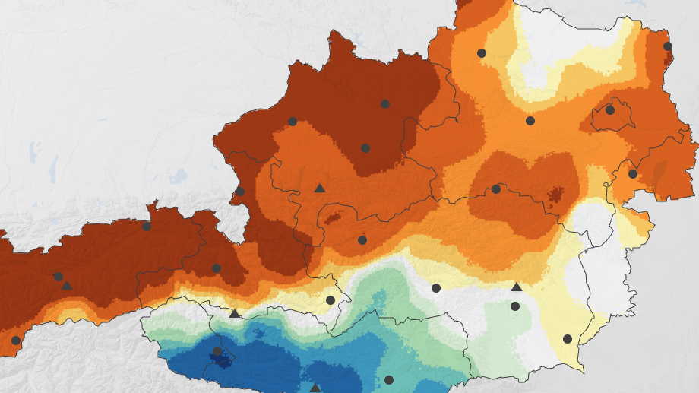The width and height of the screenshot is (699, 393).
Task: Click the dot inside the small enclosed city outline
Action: coord(609,110)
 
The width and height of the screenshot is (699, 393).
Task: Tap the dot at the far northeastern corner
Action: coord(668,46)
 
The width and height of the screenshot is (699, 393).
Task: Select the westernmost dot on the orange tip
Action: coord(16,341)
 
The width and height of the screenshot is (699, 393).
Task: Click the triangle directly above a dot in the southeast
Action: coord(517,287)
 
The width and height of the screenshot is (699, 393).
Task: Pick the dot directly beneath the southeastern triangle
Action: coord(515,306)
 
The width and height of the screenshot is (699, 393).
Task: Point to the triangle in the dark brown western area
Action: coord(67,286)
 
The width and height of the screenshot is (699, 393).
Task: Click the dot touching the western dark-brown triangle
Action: coord(58,277)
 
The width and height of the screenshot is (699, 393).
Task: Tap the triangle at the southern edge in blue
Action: coord(315,388)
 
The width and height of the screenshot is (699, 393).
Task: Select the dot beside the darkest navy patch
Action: coord(217,351)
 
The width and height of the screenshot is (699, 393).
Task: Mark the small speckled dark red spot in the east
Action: coord(556,194)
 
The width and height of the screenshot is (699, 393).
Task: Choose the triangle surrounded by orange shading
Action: coord(320,189)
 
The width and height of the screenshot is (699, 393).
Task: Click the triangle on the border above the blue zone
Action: coord(235,313)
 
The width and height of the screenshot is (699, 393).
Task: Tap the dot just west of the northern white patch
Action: coord(482,53)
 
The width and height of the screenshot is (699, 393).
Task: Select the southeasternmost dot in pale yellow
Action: coord(568,339)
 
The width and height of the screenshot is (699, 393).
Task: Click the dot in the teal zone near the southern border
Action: coord(389,380)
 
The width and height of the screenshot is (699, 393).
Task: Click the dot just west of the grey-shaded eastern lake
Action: coord(633,174)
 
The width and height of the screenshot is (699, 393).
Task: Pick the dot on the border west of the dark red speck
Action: coord(496,189)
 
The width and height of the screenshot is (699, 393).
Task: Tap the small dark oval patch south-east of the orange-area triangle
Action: coord(332,219)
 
